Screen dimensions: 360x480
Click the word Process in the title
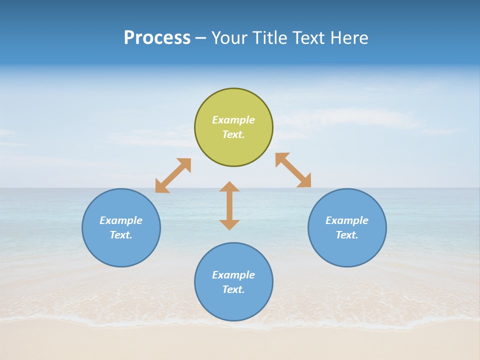tap(157, 38)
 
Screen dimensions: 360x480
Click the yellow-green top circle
tap(233, 150)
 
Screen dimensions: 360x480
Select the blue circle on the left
tap(121, 250)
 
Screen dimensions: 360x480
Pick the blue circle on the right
tap(347, 250)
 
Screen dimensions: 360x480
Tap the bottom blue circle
tap(233, 305)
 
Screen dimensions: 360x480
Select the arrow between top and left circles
tap(173, 175)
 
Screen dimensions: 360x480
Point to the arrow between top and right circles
tap(293, 170)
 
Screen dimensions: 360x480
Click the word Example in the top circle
tap(233, 120)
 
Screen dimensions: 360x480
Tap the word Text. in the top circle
tap(233, 134)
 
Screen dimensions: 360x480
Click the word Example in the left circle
tap(121, 220)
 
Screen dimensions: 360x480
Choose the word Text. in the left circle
tap(121, 235)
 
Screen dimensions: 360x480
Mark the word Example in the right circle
tap(347, 220)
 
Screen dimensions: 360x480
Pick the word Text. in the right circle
tap(347, 235)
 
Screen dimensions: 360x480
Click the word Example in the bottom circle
tap(233, 275)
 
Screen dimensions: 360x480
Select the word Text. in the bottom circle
tap(233, 289)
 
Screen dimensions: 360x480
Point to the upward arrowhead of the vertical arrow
tap(229, 186)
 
